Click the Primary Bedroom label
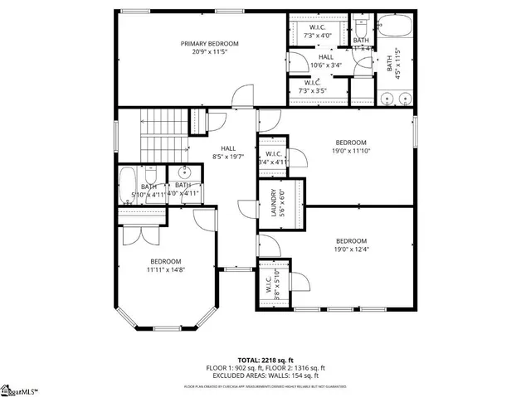[210, 43]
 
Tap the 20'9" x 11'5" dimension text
[210, 52]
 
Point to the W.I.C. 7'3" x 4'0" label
[318, 31]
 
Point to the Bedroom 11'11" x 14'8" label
[166, 265]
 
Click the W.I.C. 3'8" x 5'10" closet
[270, 284]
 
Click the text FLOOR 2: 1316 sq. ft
[295, 367]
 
